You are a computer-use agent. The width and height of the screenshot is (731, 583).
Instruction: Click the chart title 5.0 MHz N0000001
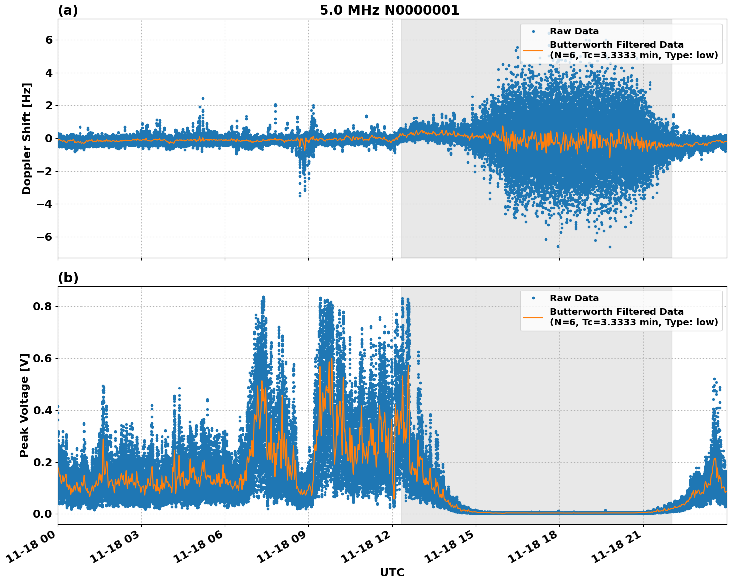point(389,10)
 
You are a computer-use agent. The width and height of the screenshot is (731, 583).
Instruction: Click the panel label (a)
point(68,10)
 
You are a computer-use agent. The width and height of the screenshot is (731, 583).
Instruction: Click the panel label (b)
point(68,278)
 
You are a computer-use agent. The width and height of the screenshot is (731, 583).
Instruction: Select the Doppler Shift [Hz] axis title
point(27,138)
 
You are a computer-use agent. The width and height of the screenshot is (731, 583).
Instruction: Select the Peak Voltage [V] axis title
point(24,405)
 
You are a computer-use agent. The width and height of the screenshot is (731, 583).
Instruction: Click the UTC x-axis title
point(392,572)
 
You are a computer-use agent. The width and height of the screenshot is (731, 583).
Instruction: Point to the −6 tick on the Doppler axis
point(44,237)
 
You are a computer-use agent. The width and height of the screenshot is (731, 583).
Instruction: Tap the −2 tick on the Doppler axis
point(44,171)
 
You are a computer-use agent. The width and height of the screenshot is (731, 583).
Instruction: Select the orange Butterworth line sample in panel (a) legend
point(533,50)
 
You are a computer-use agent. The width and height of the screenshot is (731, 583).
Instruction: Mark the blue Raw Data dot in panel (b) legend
point(533,298)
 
